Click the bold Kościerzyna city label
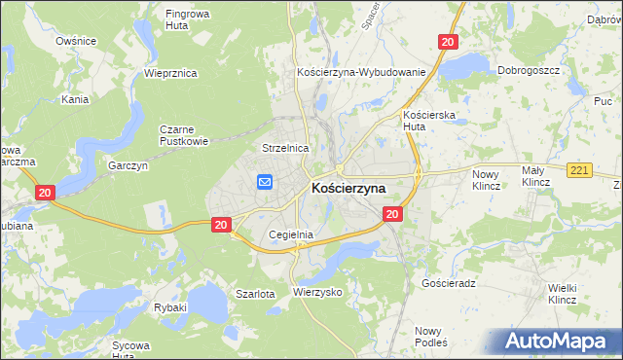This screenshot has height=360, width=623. tap(348, 188)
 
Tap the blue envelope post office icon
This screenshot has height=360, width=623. tap(264, 181)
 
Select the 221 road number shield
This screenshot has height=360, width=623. tap(580, 171)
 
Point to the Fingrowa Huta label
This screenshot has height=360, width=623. tap(191, 20)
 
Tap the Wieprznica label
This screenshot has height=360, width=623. tap(170, 73)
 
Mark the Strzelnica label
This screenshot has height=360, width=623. tap(285, 148)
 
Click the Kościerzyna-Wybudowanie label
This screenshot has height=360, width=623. tap(361, 73)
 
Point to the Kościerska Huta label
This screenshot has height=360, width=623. tap(425, 120)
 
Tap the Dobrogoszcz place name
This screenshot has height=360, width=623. tap(531, 71)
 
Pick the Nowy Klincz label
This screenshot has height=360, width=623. tap(485, 179)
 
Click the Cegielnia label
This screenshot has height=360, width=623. tap(290, 234)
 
